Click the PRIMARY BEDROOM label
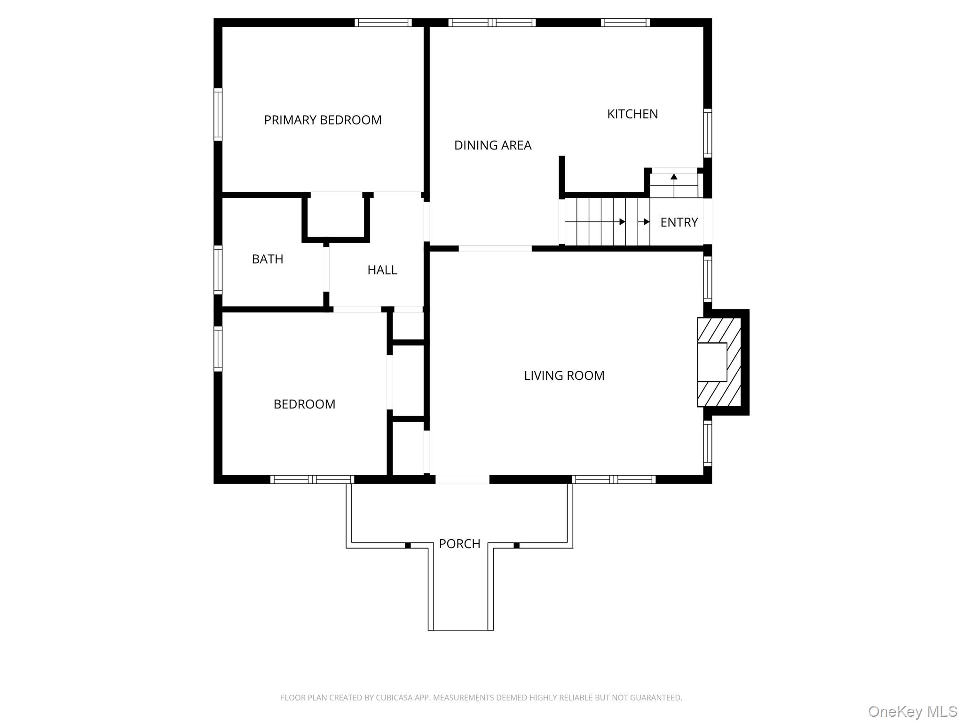click(x=323, y=120)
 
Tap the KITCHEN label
click(x=632, y=114)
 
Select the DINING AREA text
click(x=492, y=145)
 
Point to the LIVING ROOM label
click(x=564, y=376)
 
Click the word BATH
click(x=267, y=259)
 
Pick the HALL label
click(x=382, y=270)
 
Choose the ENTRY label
click(x=679, y=222)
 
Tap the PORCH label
click(x=459, y=544)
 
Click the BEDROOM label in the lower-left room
click(x=304, y=404)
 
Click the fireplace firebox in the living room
click(x=711, y=362)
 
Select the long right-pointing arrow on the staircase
click(x=595, y=222)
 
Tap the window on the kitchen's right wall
click(x=707, y=133)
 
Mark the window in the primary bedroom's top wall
click(x=383, y=23)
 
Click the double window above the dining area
click(x=492, y=23)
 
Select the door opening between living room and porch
click(x=462, y=479)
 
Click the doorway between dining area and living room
click(x=495, y=249)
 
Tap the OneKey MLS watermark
click(x=912, y=711)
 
